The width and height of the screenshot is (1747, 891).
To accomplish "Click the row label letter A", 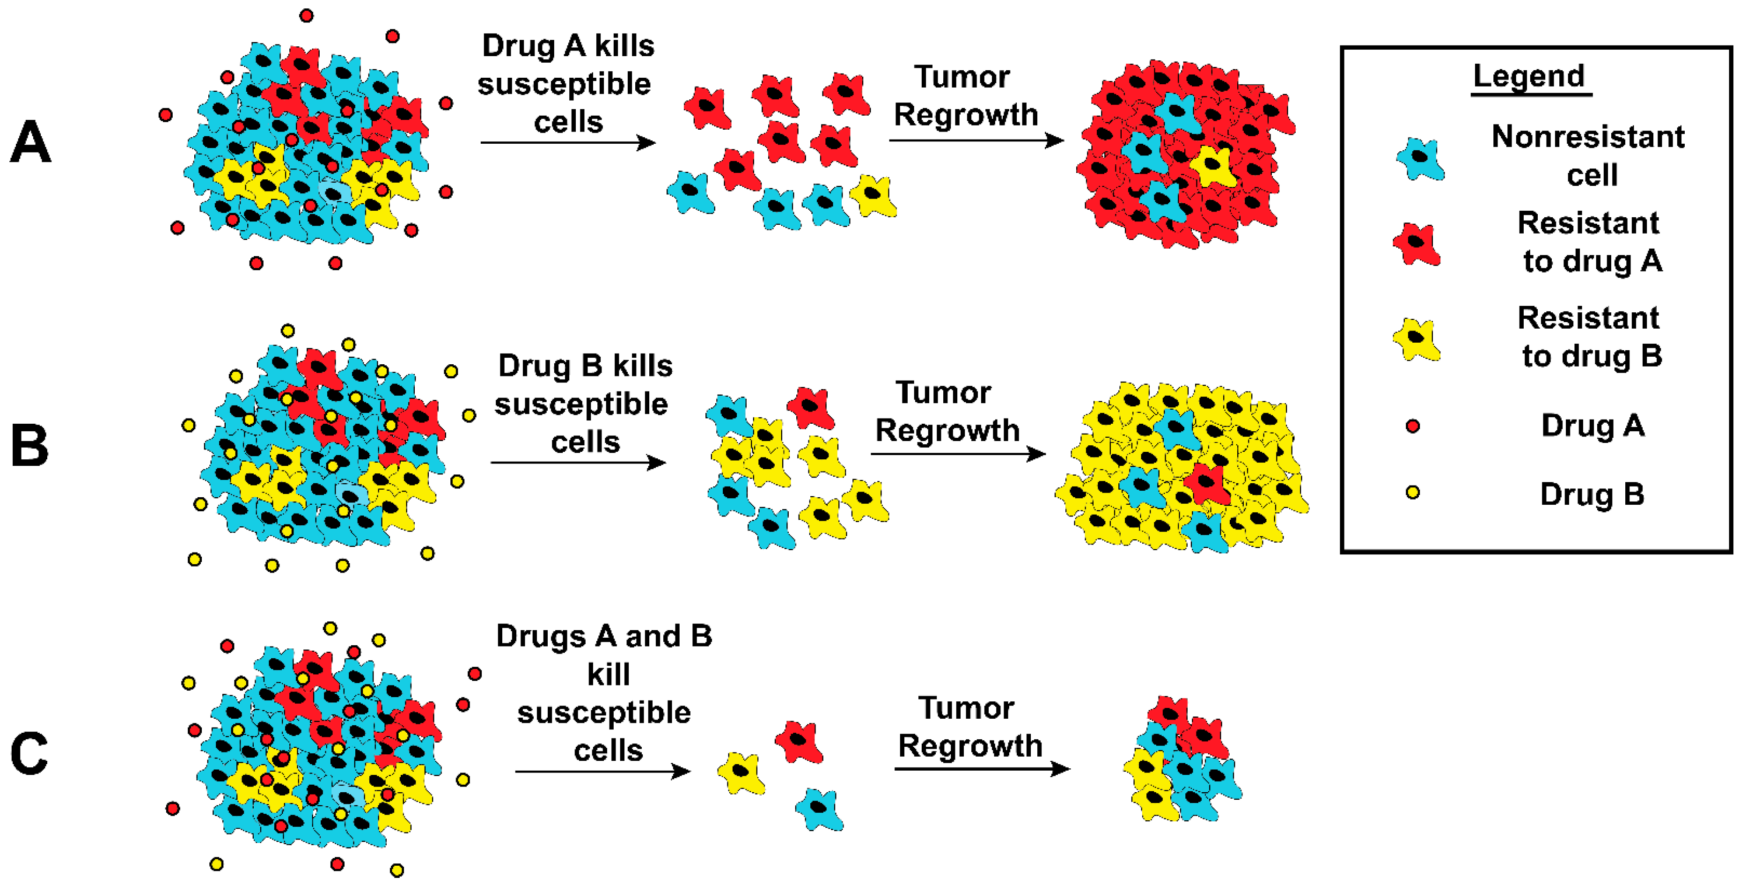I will (30, 142).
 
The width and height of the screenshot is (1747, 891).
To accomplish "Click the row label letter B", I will (30, 446).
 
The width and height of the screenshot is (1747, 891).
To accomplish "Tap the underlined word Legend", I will (1529, 76).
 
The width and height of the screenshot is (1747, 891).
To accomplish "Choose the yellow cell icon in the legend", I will (1416, 339).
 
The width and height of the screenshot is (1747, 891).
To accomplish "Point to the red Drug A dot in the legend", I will (1413, 426).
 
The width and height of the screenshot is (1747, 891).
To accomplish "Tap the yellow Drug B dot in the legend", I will (1413, 492).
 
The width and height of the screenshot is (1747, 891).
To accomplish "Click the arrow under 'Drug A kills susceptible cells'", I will (568, 142).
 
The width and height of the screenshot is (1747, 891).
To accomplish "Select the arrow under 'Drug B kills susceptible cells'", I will (578, 463).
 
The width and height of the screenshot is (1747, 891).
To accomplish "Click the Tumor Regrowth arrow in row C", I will (981, 768).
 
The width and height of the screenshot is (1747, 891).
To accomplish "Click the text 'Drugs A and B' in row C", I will (603, 636).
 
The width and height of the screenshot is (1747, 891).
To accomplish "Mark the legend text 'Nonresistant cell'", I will (1588, 156).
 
